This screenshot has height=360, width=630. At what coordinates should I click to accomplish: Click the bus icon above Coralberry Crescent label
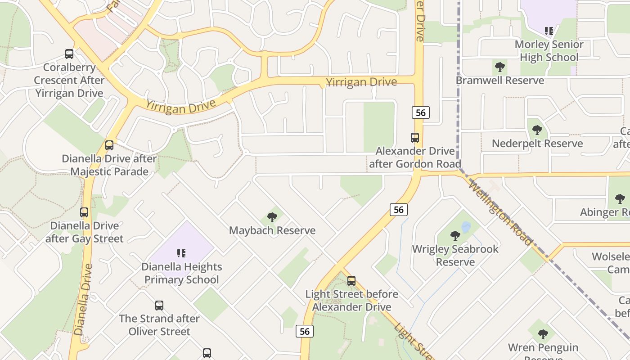click(69, 54)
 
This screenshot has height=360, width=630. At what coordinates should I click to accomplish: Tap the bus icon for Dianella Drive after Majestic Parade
click(109, 145)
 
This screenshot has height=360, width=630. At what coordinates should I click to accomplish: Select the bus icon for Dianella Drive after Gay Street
click(84, 212)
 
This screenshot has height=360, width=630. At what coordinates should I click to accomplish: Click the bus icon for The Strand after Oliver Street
click(159, 306)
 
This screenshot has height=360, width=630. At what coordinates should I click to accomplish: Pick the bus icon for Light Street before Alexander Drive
click(351, 281)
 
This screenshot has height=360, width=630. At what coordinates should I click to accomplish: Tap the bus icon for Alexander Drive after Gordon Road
click(415, 138)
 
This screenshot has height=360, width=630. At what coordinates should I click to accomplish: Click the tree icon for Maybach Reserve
click(272, 217)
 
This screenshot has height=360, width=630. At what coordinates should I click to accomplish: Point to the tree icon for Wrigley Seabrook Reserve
click(455, 235)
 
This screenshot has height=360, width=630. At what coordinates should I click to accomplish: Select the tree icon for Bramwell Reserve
click(499, 67)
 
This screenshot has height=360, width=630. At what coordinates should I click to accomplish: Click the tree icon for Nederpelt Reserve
click(537, 130)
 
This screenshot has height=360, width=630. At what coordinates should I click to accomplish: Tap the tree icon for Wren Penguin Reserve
click(543, 334)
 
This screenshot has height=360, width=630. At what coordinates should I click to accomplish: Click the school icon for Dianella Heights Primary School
click(181, 253)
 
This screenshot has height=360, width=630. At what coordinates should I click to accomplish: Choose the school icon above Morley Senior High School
click(549, 31)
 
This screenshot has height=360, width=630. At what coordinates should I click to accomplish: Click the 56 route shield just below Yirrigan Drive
click(420, 112)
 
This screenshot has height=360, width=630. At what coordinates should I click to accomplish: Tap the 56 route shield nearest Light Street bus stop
click(305, 331)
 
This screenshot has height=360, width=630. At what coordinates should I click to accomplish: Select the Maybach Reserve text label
click(272, 230)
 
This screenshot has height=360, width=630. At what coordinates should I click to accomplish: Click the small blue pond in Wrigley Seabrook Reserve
click(466, 226)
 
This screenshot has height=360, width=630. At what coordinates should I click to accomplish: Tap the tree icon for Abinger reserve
click(620, 199)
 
